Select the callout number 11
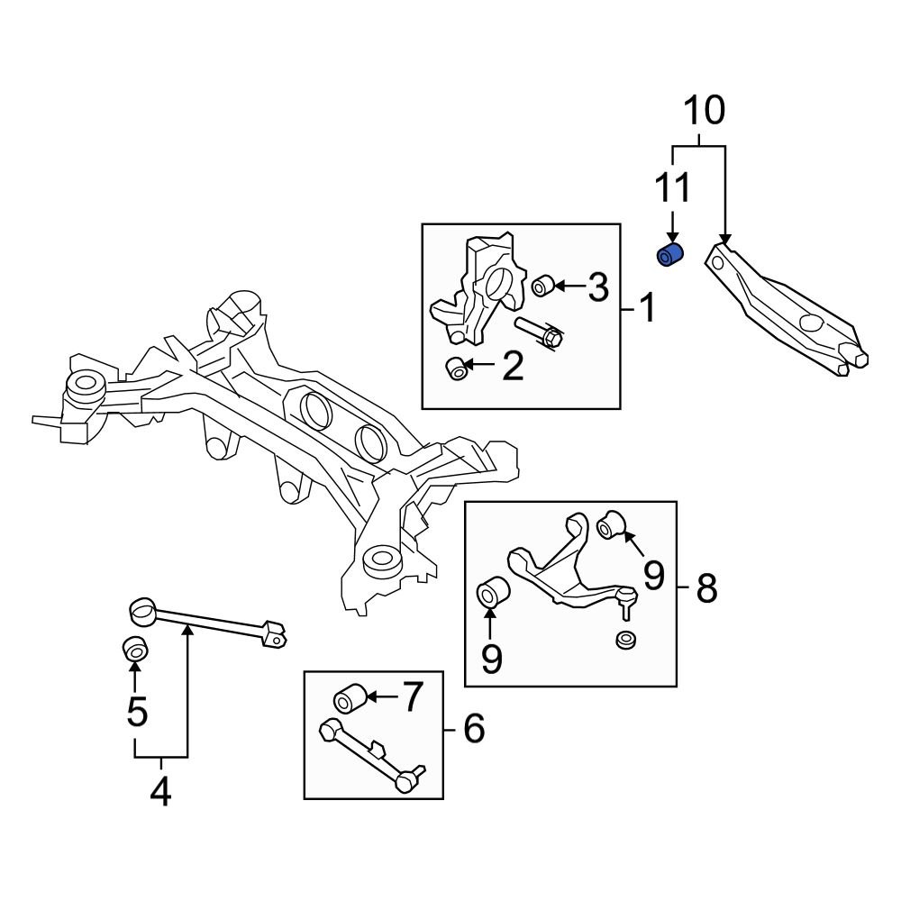[672, 190]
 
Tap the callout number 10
[703, 111]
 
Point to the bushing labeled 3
[542, 287]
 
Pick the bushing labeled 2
[459, 368]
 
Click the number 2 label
[512, 367]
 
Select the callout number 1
[649, 309]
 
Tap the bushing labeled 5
[135, 648]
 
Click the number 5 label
[136, 711]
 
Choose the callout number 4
[159, 791]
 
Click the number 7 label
[410, 697]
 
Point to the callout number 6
[472, 728]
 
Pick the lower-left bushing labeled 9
[492, 591]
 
